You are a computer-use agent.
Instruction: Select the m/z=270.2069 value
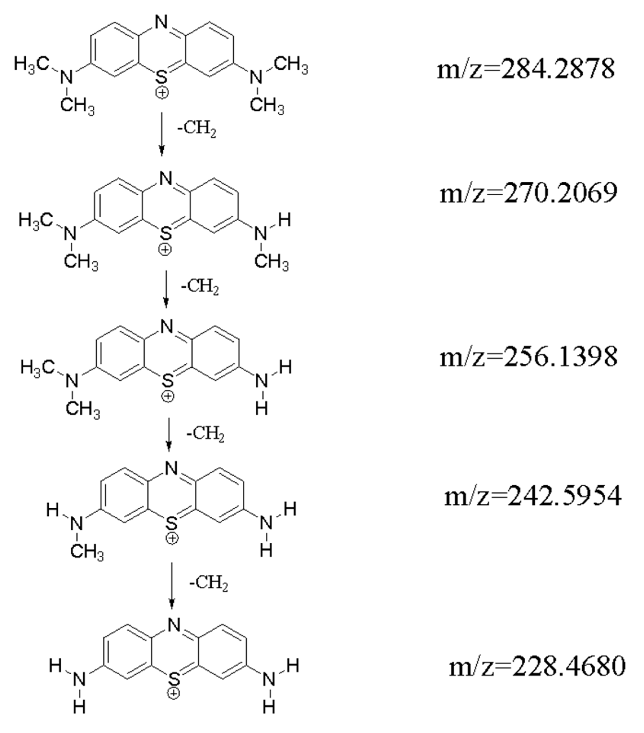point(528,193)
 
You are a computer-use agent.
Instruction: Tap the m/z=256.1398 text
point(528,357)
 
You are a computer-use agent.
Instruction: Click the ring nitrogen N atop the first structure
point(162,22)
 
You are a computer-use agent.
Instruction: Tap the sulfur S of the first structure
point(162,77)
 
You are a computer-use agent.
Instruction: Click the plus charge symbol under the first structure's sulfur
point(162,93)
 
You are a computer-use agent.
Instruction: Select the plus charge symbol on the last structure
point(174,694)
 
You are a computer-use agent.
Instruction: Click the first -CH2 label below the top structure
point(197,129)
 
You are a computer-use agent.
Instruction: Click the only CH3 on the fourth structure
point(87,551)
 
